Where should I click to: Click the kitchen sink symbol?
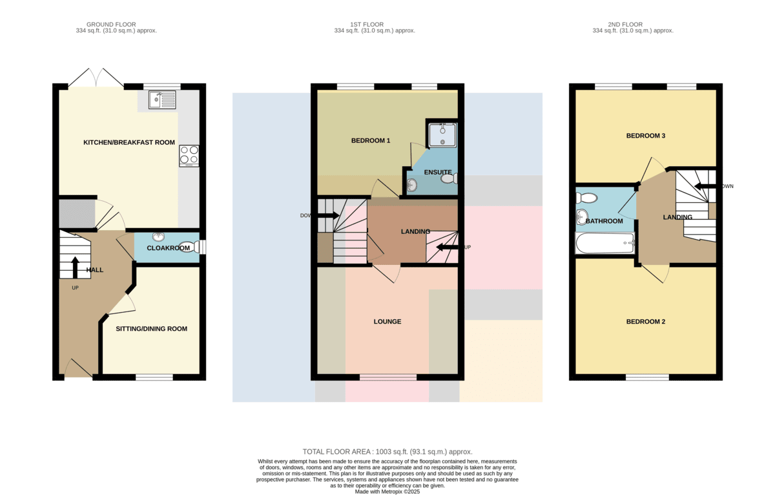coord(162,100)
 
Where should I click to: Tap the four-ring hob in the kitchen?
coord(189,156)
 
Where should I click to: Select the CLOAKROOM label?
coord(168,248)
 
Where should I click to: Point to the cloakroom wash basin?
coord(158,237)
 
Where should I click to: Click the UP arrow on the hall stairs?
coord(75,268)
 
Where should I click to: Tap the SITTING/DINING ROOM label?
coord(152,329)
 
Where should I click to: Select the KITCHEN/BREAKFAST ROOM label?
coord(129,142)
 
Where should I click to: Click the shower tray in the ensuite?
coord(442,135)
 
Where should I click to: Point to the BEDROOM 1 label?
coord(371,140)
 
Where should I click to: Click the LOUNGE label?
coord(387,322)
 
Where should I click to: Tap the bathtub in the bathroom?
coord(604,243)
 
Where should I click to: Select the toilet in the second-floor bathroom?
coord(586,198)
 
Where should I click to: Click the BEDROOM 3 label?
coord(646,136)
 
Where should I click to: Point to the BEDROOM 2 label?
coord(646,322)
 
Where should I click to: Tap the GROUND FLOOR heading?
coord(111,25)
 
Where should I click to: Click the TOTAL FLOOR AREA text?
coord(387,452)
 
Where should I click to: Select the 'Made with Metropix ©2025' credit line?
coord(387,492)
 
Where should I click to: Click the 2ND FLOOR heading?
coord(625,25)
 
